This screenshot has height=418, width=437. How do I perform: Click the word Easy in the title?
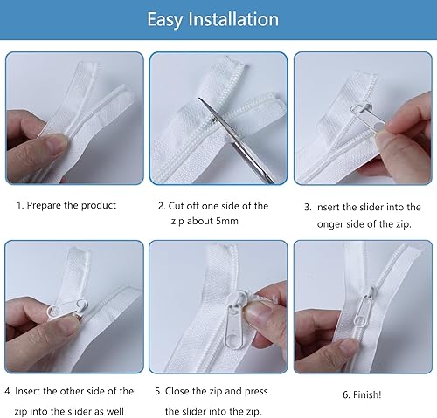165,20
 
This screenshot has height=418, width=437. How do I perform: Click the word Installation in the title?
233,19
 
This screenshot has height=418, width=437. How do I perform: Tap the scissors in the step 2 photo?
237,140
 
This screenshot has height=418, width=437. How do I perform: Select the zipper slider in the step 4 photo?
67,309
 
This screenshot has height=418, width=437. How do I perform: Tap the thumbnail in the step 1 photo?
56,143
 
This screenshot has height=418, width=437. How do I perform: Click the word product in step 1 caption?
99,206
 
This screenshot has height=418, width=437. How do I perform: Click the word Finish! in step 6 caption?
367,394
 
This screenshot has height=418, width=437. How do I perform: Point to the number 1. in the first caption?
20,205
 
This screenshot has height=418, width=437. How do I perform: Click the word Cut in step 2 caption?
176,206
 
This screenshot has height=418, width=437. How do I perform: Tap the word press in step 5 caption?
256,392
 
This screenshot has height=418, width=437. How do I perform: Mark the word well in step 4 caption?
115,411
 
